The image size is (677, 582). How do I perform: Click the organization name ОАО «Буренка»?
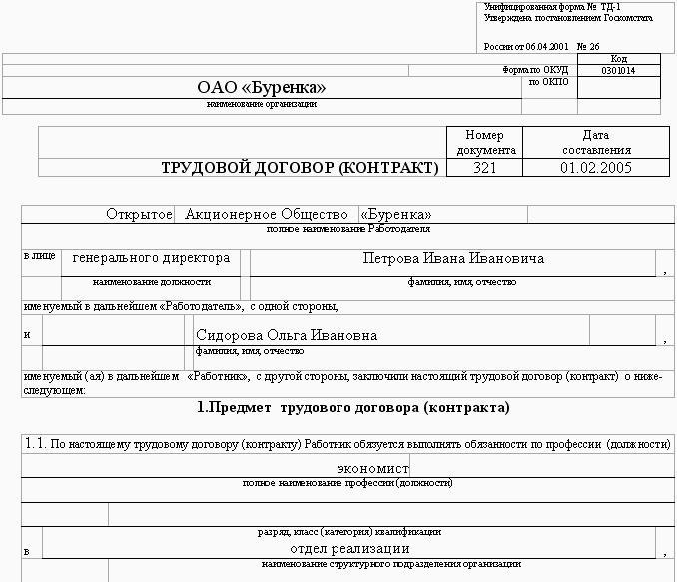click(x=262, y=88)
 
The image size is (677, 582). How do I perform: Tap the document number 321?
click(x=485, y=168)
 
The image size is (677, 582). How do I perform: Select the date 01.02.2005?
click(x=596, y=168)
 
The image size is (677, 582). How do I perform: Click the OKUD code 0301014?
click(x=619, y=71)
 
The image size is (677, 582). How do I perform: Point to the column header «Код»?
click(x=619, y=59)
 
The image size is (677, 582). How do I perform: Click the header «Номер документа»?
click(x=485, y=142)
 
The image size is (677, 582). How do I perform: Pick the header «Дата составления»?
click(x=596, y=142)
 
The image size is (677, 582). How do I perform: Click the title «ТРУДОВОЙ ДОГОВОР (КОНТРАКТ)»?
click(x=300, y=168)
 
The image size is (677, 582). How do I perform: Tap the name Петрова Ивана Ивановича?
click(x=454, y=258)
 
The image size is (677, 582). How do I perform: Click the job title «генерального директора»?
click(x=152, y=258)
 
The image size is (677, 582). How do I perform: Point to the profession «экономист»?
click(x=372, y=467)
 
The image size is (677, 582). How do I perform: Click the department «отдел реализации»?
click(x=349, y=548)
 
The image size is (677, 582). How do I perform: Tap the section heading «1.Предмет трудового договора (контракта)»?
click(x=353, y=407)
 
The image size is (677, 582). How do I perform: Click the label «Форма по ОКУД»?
click(x=536, y=70)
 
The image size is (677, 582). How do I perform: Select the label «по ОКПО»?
click(x=548, y=82)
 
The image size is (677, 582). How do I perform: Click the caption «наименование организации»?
click(x=262, y=104)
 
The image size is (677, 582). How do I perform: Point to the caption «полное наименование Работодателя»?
click(x=349, y=229)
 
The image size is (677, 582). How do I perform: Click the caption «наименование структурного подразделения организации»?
click(x=349, y=564)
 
